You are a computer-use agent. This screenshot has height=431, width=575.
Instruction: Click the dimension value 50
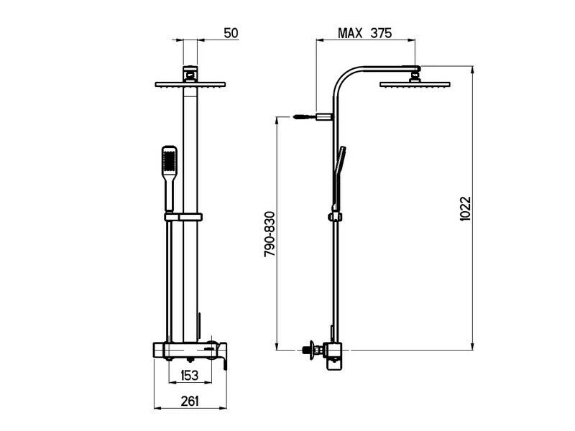pyautogui.click(x=231, y=33)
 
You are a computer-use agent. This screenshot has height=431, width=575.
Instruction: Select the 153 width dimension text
pyautogui.click(x=189, y=376)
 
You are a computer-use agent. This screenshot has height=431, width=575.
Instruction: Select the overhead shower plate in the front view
pyautogui.click(x=190, y=84)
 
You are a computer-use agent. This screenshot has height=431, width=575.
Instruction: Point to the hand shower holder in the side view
pyautogui.click(x=335, y=216)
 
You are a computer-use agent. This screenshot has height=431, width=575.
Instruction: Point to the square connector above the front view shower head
pyautogui.click(x=190, y=73)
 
